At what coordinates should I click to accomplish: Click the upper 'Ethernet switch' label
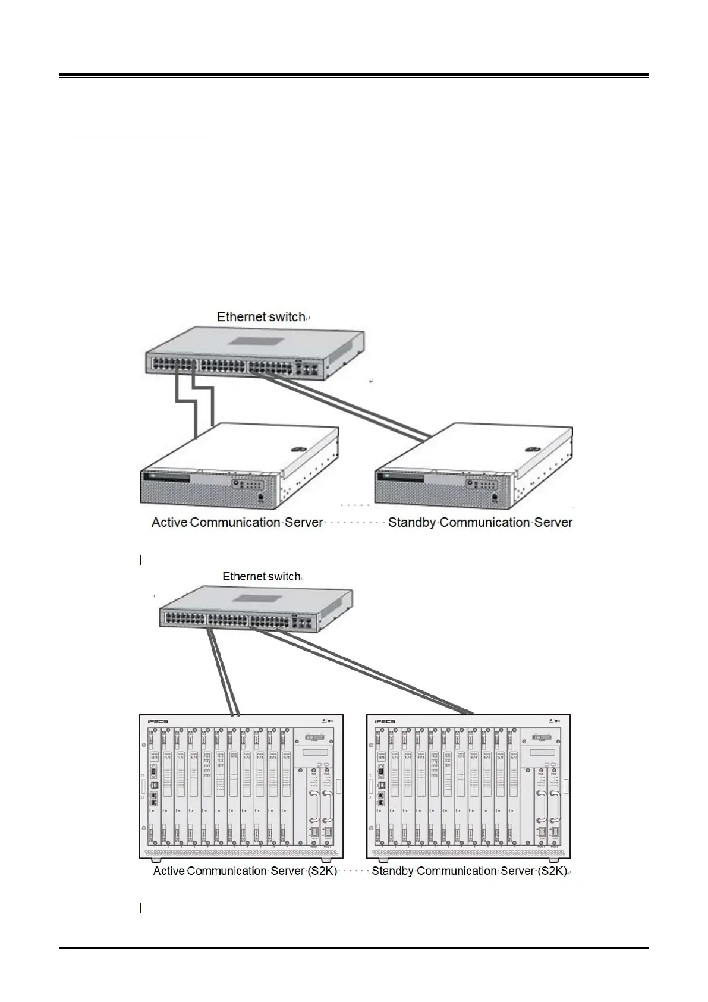[261, 317]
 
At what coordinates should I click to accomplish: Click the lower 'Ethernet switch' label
[262, 576]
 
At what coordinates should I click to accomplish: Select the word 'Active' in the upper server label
[169, 523]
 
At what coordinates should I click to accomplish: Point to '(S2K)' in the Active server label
[321, 871]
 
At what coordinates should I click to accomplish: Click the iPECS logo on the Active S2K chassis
[157, 721]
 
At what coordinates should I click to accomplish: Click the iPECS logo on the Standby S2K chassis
[385, 721]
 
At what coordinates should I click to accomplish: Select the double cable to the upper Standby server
[351, 404]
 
